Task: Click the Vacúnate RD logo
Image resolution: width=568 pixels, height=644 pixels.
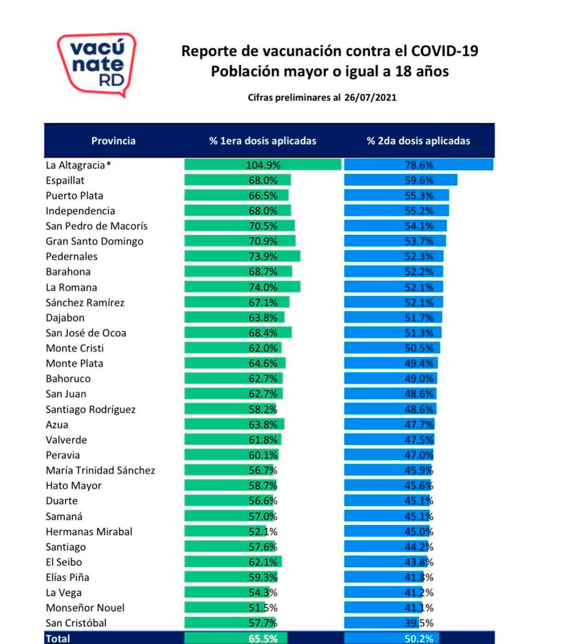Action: click(97, 64)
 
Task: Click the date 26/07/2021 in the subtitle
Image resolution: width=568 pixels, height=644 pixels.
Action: click(370, 98)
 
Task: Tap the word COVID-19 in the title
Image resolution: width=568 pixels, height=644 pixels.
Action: click(445, 51)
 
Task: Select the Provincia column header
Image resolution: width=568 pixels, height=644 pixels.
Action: click(113, 141)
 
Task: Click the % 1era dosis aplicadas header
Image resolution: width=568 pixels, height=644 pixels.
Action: click(263, 141)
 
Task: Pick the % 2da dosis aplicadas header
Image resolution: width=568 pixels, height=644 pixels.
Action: click(418, 141)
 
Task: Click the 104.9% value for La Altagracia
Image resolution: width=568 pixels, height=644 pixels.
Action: click(263, 165)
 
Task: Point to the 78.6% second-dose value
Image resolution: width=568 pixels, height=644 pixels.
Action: click(419, 165)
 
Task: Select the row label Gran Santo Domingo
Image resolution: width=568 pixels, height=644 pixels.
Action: click(95, 241)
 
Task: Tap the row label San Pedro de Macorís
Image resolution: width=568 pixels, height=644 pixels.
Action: click(96, 226)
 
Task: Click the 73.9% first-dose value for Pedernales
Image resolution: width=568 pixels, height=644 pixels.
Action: click(263, 256)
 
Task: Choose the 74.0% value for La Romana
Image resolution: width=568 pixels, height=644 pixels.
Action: click(263, 287)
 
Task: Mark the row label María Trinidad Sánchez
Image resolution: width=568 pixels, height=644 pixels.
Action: click(100, 470)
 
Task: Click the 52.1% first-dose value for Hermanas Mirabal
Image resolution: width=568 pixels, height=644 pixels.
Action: click(263, 532)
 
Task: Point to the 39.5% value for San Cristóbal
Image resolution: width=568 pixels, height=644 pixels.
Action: click(419, 623)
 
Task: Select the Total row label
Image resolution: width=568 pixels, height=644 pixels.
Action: click(58, 639)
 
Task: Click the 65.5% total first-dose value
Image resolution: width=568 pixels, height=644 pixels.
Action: click(263, 639)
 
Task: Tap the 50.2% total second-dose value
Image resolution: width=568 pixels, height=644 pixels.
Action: click(419, 639)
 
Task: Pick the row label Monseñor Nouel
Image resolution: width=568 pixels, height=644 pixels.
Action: click(85, 608)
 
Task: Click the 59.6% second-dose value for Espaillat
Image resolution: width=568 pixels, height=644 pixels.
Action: click(419, 180)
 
